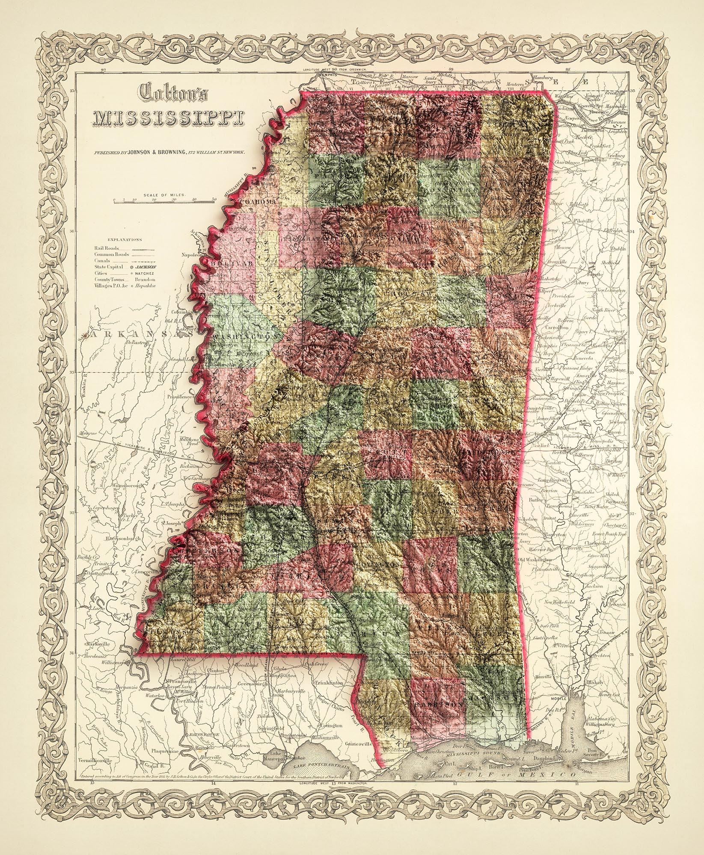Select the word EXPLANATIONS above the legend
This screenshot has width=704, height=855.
pos(125,240)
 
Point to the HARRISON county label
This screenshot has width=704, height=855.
pos(439,702)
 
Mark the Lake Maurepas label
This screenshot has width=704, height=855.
pos(278,756)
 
